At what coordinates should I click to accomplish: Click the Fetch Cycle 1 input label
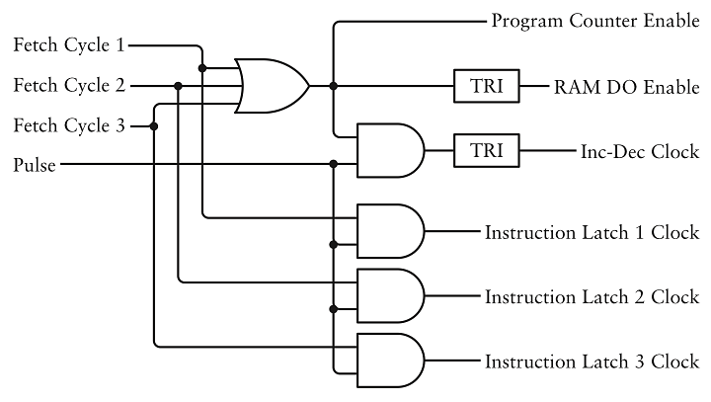click(x=69, y=45)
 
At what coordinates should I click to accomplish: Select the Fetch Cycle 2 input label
click(x=69, y=86)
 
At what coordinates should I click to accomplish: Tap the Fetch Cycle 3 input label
click(x=69, y=125)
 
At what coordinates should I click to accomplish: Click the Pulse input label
click(x=35, y=165)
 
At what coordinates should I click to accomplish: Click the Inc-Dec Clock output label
click(x=640, y=151)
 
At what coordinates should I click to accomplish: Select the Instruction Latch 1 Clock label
click(x=592, y=233)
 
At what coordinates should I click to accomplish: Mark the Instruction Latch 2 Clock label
click(x=592, y=296)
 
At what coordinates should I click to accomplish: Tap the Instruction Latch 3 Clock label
click(x=592, y=361)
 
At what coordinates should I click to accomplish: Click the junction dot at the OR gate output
click(x=334, y=86)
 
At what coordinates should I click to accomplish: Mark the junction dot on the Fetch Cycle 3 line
click(x=154, y=125)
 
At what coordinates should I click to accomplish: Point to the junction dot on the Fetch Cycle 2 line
click(x=179, y=86)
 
